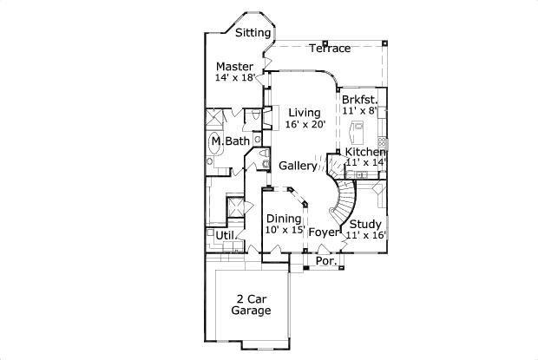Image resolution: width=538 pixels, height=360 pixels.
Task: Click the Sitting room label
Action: pos(253,33)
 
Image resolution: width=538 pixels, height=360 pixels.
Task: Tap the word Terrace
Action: pos(330,49)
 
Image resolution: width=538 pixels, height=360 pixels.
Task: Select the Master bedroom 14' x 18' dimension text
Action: pos(235,77)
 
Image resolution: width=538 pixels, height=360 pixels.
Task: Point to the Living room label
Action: pos(305,113)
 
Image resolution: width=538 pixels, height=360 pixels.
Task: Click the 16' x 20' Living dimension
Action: pos(305,124)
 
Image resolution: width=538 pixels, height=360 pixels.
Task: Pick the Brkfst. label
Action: pos(359,100)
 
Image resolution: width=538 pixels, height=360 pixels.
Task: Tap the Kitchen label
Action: pos(364,152)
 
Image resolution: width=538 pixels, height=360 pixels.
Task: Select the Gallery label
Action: pos(298,166)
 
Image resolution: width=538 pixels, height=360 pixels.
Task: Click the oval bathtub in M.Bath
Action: pos(215,142)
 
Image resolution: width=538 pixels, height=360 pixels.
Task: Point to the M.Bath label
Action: pos(231,141)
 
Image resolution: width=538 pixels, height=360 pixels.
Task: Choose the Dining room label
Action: pos(284,219)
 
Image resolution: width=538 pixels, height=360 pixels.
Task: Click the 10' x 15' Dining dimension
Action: pos(285,230)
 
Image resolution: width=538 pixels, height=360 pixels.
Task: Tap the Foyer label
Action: pos(324,232)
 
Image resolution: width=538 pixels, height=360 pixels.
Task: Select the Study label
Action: pos(365,225)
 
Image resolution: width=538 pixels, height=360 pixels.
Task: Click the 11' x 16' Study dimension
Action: pos(366,235)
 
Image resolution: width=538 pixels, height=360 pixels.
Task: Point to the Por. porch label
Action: pos(326,261)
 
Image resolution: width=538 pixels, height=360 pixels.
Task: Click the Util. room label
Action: pos(226,236)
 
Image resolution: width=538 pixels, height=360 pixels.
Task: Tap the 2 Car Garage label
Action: pos(251,304)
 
